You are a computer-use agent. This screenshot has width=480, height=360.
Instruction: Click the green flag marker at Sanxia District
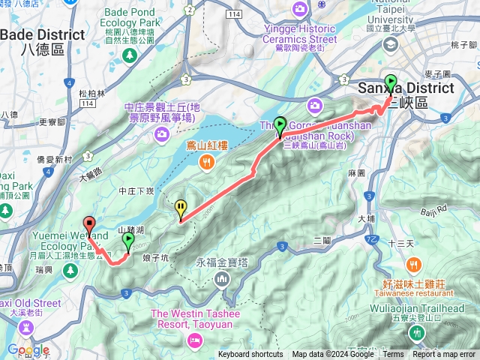(x=390, y=82)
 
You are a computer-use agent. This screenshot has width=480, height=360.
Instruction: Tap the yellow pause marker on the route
(x=181, y=208)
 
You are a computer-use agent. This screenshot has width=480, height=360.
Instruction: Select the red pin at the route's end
(x=89, y=223)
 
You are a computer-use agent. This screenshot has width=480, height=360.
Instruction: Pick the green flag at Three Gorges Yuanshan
(x=280, y=125)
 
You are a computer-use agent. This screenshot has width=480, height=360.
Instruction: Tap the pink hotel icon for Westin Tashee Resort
(x=194, y=340)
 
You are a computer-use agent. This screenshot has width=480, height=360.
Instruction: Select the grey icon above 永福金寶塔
(x=221, y=280)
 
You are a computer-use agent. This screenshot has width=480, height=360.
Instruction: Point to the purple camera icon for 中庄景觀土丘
(x=161, y=134)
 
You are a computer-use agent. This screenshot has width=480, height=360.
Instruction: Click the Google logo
(x=28, y=349)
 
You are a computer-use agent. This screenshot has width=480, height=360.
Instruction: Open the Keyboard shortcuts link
(x=250, y=355)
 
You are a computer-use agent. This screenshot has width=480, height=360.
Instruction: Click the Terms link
(x=392, y=355)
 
